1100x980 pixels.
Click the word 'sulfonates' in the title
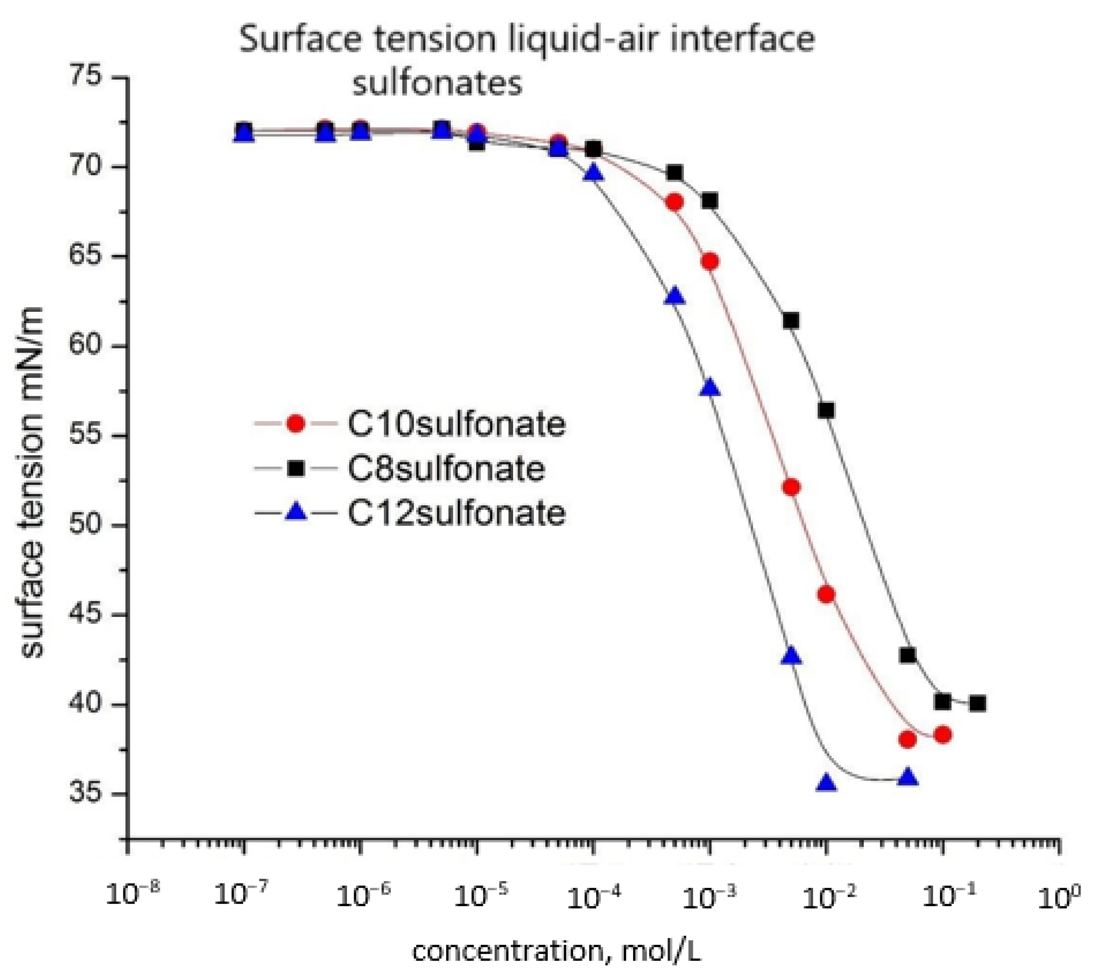[437, 84]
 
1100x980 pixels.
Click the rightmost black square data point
[978, 703]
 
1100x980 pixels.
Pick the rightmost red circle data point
[942, 735]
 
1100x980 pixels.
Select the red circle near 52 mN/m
[791, 487]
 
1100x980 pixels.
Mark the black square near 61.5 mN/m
[791, 321]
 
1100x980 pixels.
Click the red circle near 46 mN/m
[826, 594]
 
